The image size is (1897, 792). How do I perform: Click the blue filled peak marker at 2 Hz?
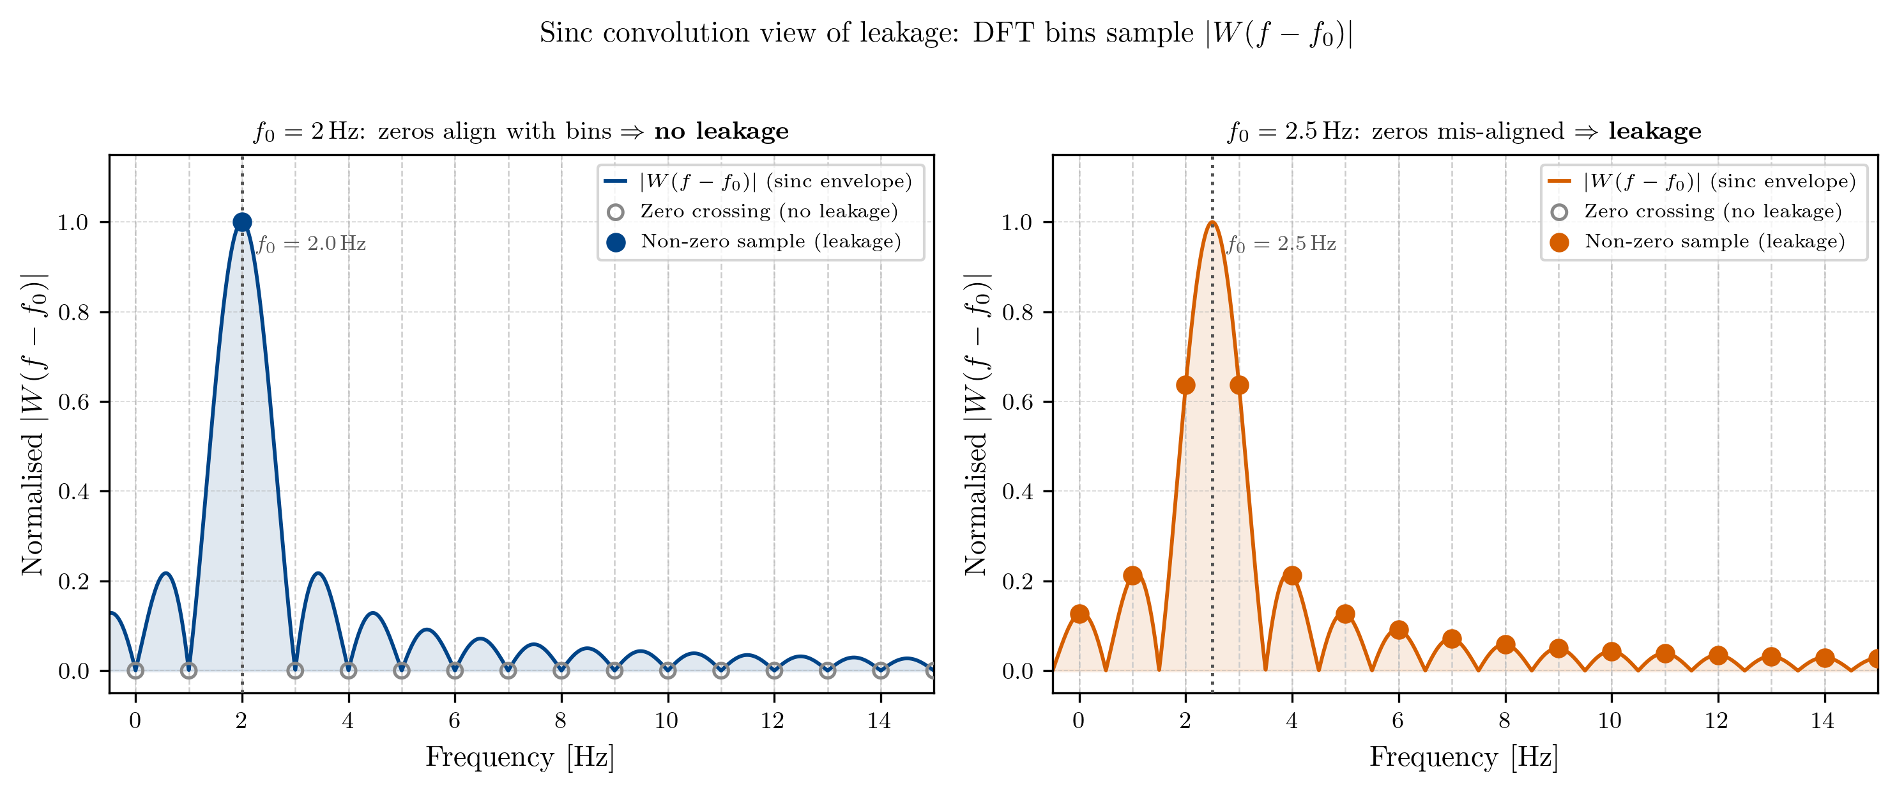[241, 222]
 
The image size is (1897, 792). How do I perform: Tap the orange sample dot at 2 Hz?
[1185, 385]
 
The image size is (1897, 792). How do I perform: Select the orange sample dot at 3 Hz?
[1238, 385]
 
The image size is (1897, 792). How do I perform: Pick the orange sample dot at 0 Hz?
[1079, 614]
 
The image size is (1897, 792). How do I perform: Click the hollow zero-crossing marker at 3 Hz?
[294, 671]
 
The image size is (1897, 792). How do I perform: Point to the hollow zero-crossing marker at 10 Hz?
[668, 671]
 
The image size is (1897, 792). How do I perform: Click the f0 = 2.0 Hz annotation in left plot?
[311, 244]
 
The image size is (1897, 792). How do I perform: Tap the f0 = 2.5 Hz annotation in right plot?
[1281, 244]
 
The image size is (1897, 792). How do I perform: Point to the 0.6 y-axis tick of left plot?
[73, 402]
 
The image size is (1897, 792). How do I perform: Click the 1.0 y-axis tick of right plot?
[1017, 222]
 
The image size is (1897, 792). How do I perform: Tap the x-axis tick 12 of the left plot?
[772, 720]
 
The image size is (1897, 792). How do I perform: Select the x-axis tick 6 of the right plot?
[1398, 720]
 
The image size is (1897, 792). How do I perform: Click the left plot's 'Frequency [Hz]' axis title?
[519, 757]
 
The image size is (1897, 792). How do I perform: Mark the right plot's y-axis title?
[977, 424]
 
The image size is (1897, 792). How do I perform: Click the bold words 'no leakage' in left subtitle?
[721, 131]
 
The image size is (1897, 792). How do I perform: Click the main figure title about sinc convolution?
[947, 34]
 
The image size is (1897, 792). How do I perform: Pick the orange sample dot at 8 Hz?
[1505, 644]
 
